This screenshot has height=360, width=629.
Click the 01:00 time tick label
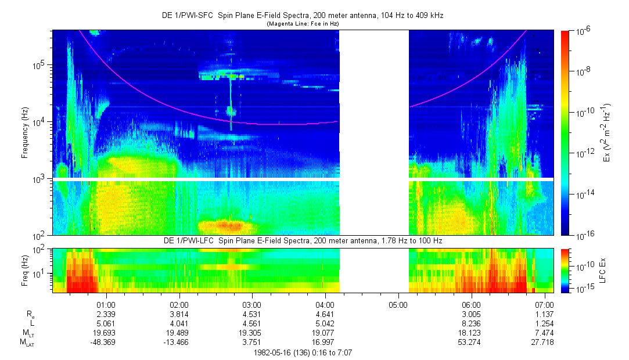[106, 304]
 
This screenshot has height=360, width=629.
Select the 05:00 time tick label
[398, 304]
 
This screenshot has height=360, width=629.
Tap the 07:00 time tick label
[544, 304]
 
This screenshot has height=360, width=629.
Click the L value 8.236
[471, 323]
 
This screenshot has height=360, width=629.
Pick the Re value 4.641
[325, 314]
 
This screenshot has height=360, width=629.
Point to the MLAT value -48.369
[105, 343]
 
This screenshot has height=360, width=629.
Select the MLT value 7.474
[544, 333]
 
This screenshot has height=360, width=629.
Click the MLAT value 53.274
[471, 343]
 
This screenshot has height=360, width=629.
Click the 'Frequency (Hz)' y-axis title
[25, 134]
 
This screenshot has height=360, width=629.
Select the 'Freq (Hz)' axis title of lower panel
[25, 270]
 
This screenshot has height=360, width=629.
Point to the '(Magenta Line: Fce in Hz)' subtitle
[303, 24]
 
